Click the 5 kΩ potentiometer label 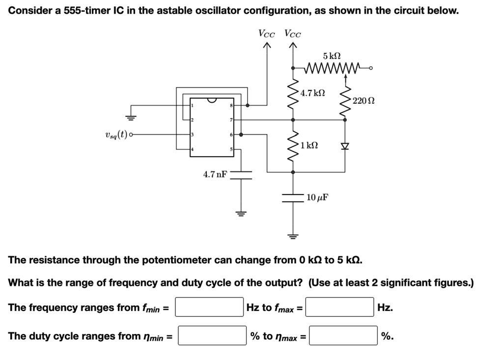332,56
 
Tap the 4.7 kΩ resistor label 313,92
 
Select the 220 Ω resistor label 364,101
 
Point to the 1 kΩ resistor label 309,145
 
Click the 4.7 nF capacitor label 215,174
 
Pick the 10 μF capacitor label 317,197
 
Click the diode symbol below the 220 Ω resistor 344,146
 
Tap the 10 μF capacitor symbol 293,197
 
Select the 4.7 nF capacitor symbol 241,175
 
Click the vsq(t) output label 116,134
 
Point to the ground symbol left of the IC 131,117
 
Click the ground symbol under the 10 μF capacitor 293,236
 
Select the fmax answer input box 341,307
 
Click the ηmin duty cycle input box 212,336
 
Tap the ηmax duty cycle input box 343,336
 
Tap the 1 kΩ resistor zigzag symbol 294,145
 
